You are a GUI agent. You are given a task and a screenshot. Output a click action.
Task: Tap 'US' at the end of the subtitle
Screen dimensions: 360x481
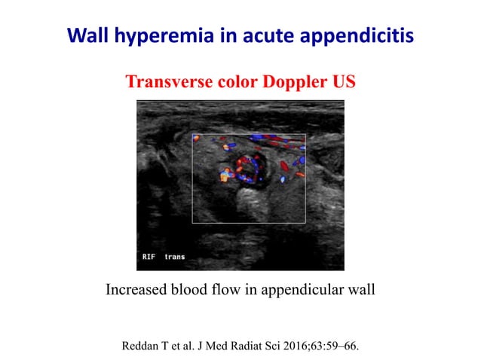pos(333,81)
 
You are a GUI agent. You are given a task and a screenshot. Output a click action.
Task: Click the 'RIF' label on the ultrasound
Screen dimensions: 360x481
pos(149,257)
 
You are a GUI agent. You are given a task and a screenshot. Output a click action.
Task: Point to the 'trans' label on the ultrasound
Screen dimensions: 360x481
pos(175,257)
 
